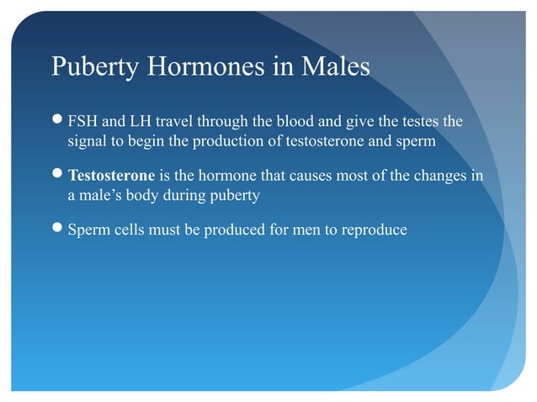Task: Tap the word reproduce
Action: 376,228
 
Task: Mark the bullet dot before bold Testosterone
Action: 57,177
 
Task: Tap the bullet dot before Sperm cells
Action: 57,229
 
